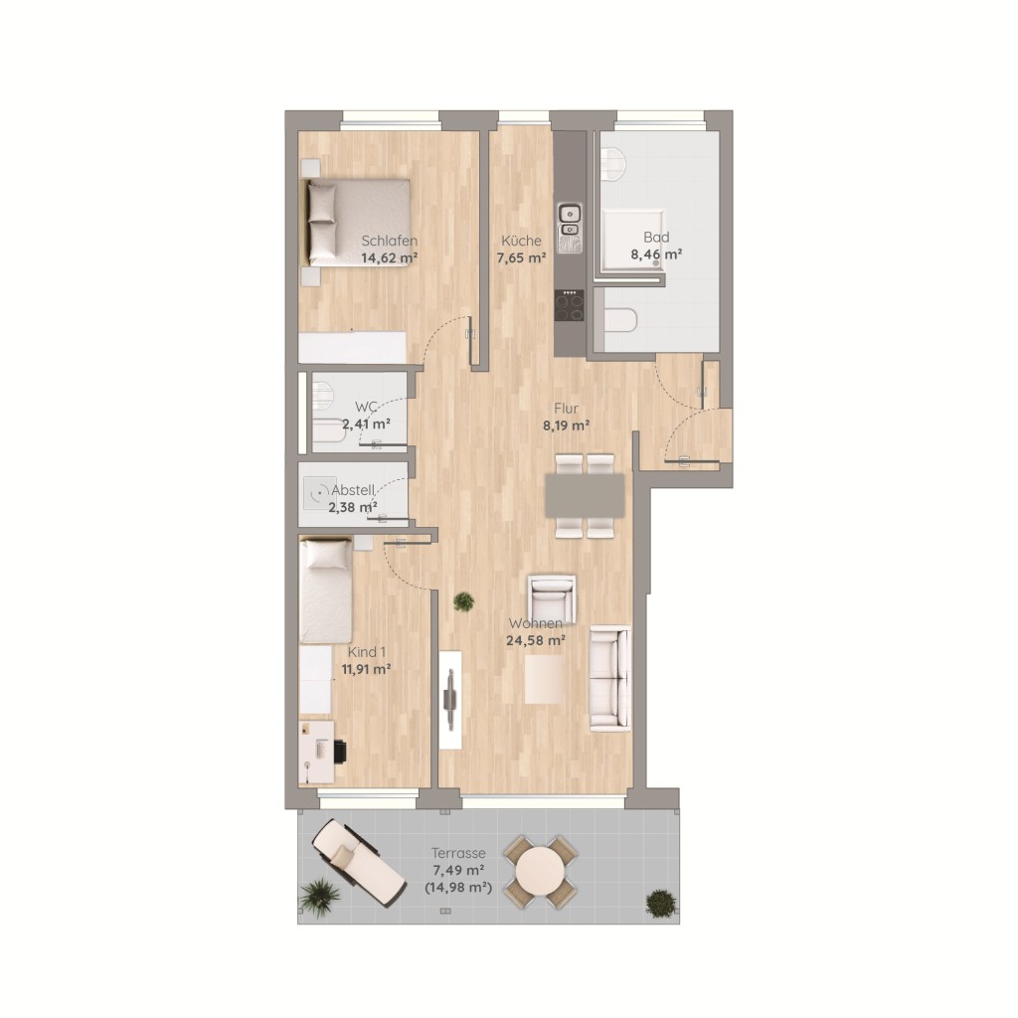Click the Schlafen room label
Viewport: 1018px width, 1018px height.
[390, 241]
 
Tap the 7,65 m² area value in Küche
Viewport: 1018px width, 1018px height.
[521, 257]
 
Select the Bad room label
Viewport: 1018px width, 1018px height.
[656, 237]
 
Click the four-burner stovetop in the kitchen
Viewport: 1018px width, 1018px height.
[570, 305]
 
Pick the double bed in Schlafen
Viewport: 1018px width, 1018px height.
[357, 223]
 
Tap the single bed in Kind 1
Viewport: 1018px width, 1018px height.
[326, 591]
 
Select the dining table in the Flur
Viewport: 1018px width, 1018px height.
[585, 495]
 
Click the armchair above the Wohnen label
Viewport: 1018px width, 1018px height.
[552, 598]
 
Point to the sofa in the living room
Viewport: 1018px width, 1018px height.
[610, 678]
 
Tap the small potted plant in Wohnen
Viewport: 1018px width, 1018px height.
[463, 601]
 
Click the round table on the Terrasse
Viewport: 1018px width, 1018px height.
[538, 871]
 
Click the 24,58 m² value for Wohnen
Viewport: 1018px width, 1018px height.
[536, 641]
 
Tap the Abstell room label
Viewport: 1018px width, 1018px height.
[353, 490]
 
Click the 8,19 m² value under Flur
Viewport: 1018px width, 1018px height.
[566, 425]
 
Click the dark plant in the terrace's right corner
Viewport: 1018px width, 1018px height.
[660, 903]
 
